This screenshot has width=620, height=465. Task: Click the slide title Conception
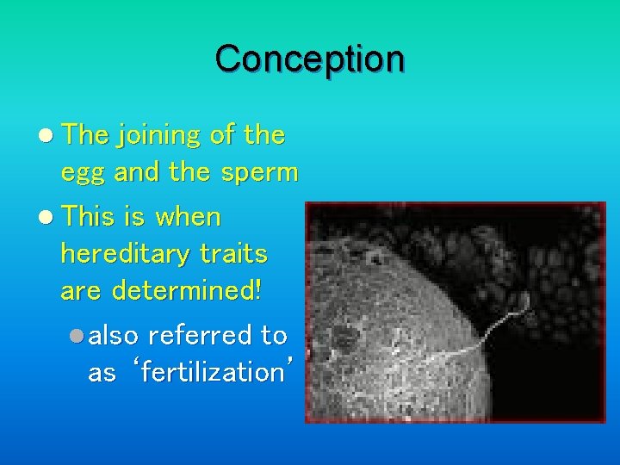click(x=309, y=59)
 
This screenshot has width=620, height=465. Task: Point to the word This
click(x=93, y=217)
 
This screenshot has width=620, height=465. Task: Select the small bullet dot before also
click(x=77, y=335)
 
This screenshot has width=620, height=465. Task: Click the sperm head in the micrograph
click(x=520, y=299)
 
